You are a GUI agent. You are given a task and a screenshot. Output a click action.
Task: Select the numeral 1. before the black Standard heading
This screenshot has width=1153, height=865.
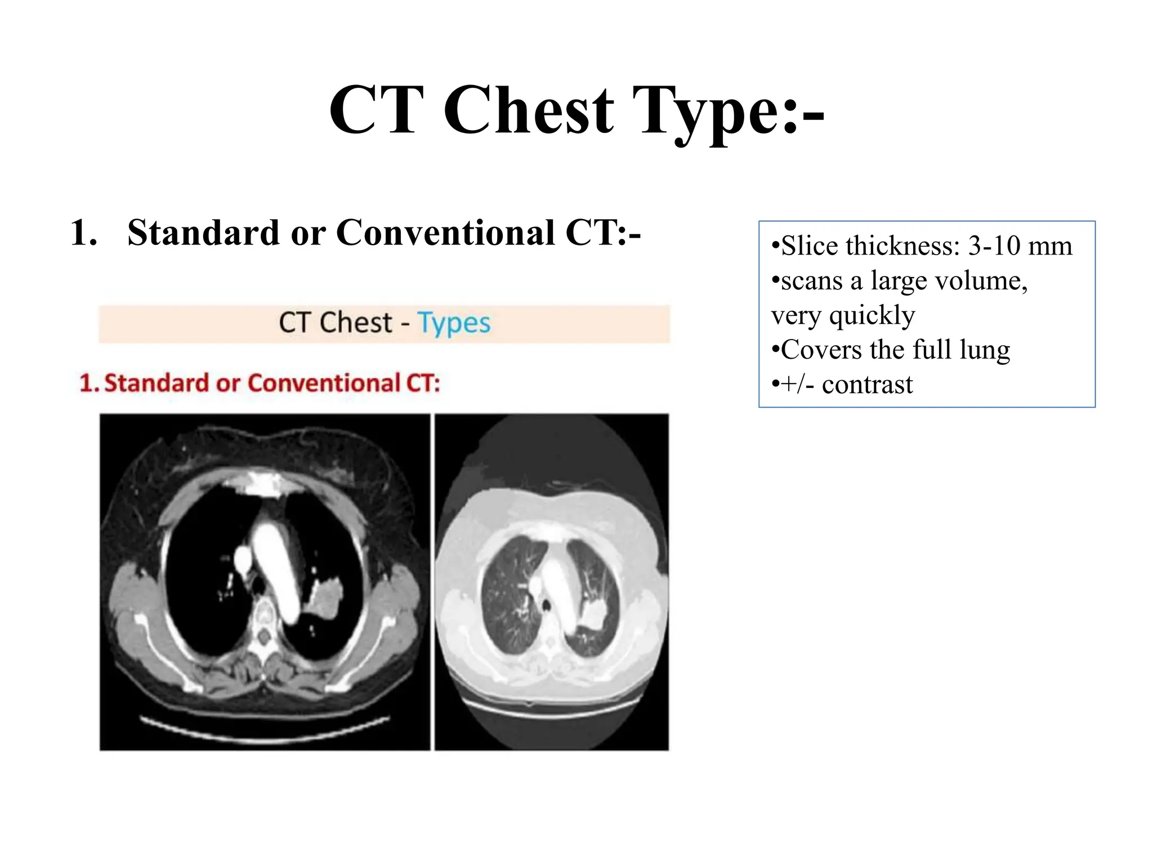[84, 233]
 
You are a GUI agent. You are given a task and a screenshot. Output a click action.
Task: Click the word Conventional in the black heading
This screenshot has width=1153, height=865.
[445, 233]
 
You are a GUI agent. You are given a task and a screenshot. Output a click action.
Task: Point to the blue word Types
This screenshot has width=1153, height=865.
[454, 323]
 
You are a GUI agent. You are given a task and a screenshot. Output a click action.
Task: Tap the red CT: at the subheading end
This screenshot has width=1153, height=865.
[423, 384]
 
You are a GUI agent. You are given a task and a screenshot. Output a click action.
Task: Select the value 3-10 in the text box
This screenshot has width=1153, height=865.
[994, 246]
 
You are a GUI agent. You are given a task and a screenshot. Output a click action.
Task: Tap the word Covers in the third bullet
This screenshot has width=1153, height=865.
[821, 350]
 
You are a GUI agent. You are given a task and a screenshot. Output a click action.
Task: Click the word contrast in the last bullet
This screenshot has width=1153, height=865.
[867, 385]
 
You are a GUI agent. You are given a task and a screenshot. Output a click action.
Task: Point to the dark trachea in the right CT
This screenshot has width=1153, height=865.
[546, 606]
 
